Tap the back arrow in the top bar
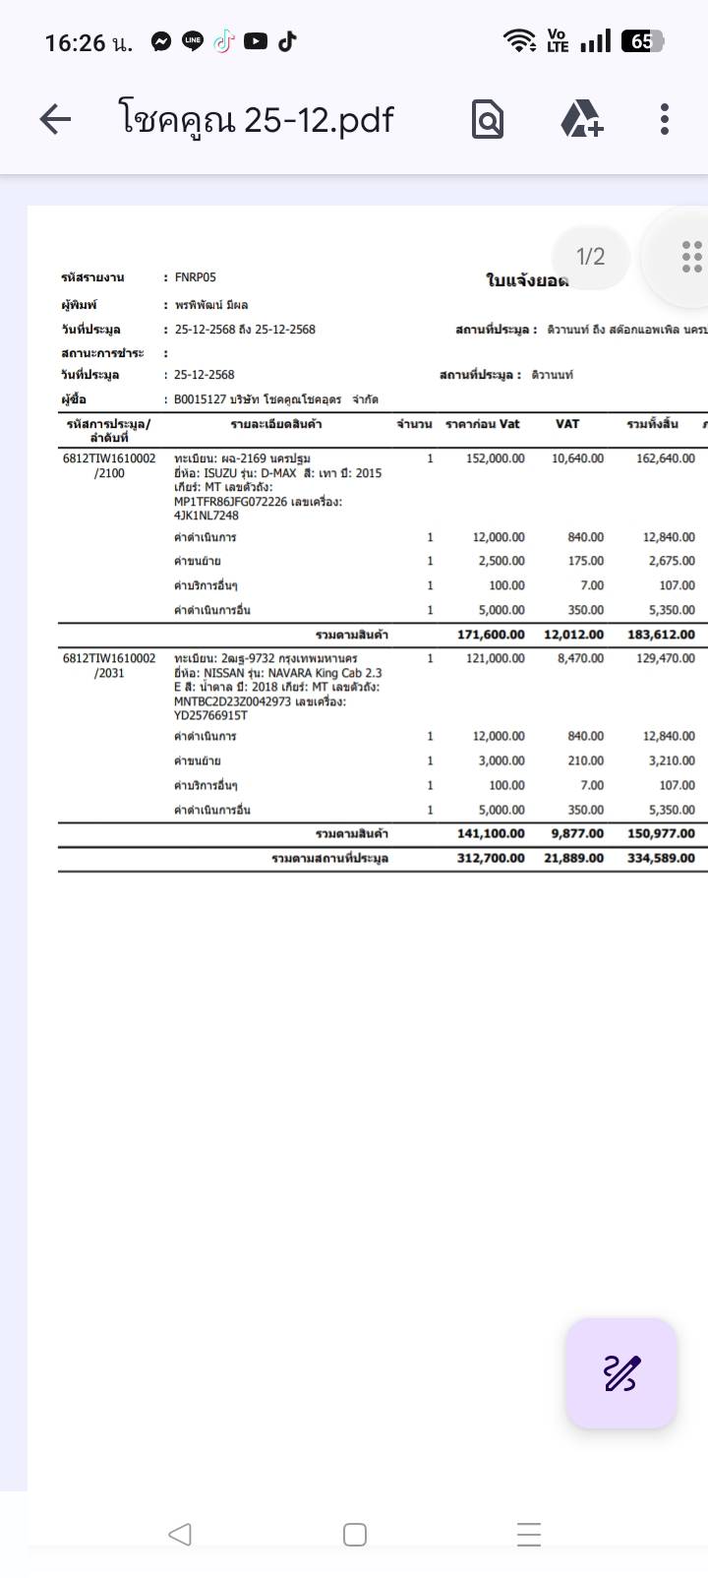click(x=55, y=120)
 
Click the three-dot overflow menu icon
click(x=665, y=119)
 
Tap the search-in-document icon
click(x=488, y=120)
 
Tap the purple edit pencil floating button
click(x=621, y=1373)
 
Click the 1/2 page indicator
click(x=590, y=257)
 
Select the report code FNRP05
click(x=195, y=277)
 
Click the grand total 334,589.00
click(x=661, y=858)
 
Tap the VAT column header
click(x=567, y=424)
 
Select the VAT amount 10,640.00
click(x=577, y=458)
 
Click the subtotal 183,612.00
click(x=661, y=635)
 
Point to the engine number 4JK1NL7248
click(x=206, y=516)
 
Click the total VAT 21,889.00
click(x=574, y=858)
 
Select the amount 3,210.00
click(x=672, y=760)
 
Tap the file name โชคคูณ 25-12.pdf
click(x=256, y=120)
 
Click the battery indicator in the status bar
click(x=642, y=41)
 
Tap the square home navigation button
click(x=355, y=1534)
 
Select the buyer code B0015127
click(x=200, y=399)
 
